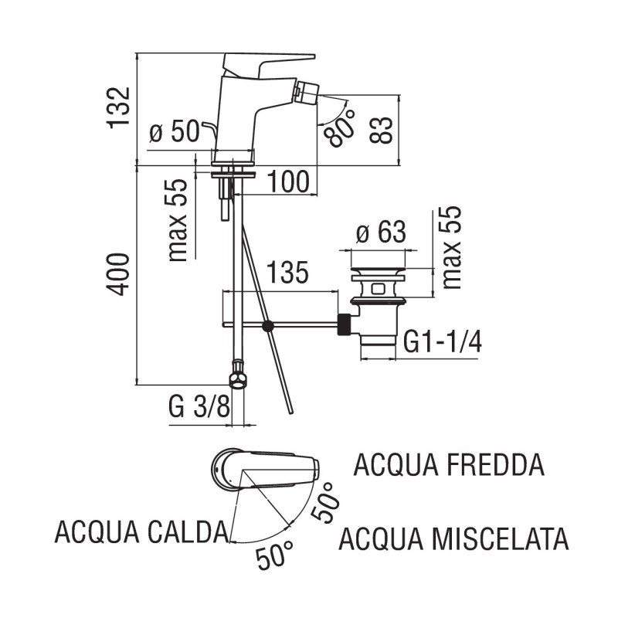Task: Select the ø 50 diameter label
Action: [174, 132]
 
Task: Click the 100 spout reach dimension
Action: [288, 182]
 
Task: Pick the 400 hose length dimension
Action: [118, 274]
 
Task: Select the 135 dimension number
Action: [288, 273]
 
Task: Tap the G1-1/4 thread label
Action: [443, 342]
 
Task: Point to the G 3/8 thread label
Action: [198, 405]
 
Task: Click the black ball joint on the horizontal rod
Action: [268, 326]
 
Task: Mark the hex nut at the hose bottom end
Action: [238, 378]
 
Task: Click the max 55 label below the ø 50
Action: [179, 220]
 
